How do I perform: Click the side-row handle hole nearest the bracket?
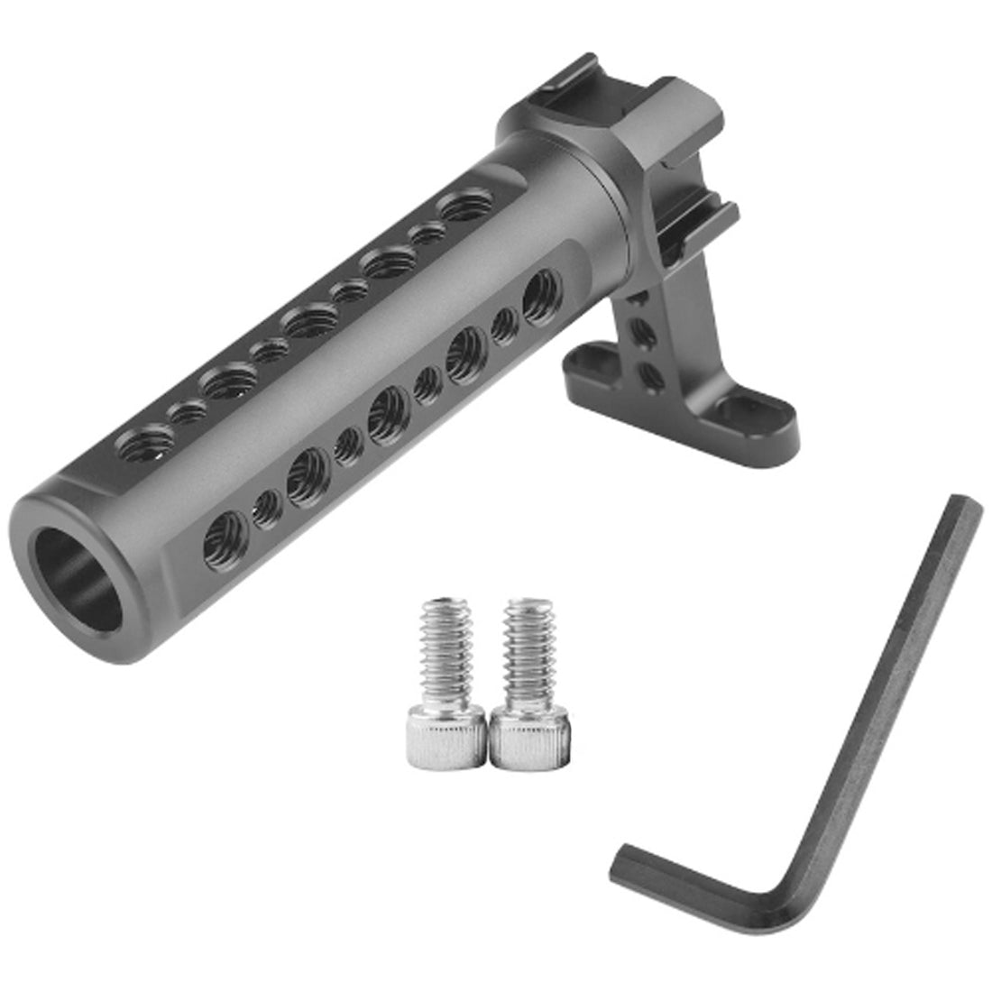539,291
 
